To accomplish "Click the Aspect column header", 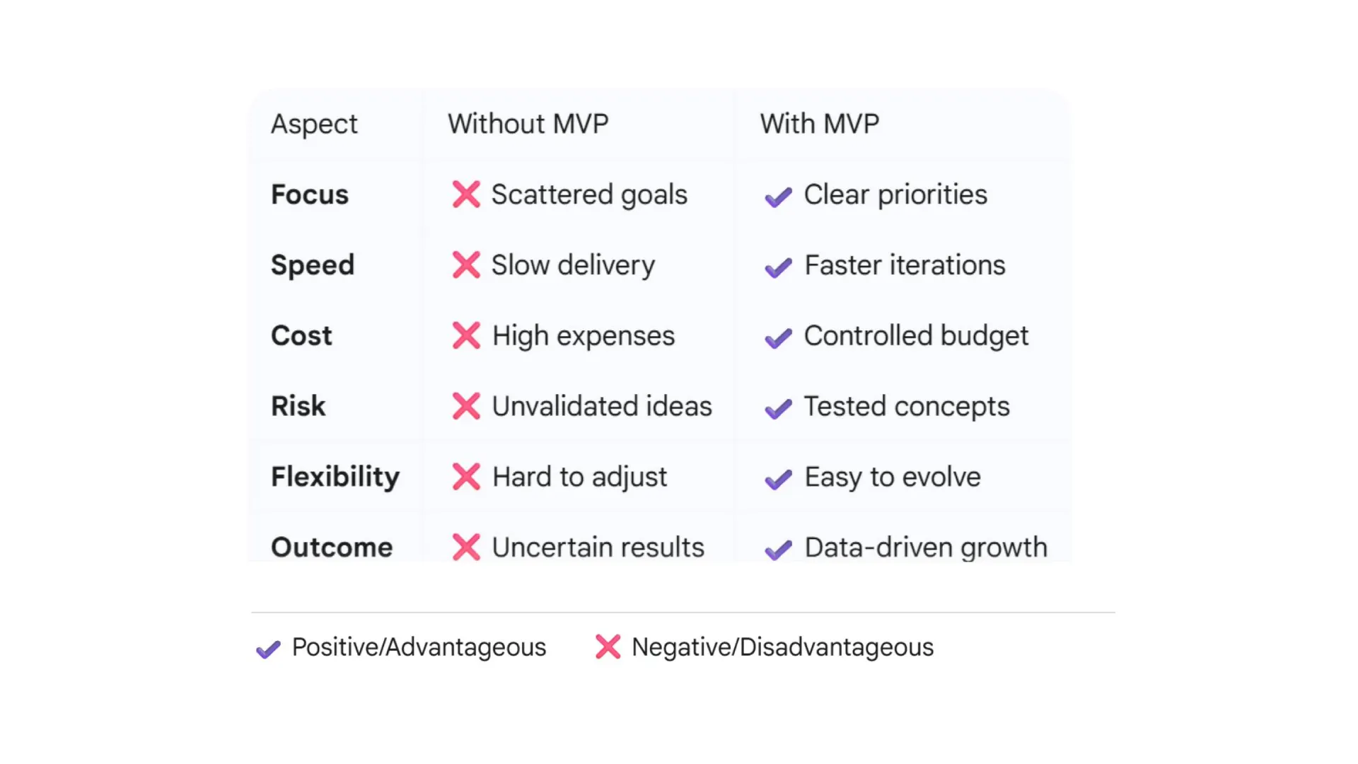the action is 314,125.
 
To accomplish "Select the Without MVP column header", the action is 528,124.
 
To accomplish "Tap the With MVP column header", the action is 819,124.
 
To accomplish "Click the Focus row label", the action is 310,195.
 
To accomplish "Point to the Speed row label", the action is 313,266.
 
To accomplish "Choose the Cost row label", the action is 301,336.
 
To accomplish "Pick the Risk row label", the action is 298,406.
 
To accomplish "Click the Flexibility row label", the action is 335,477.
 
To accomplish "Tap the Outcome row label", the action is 332,548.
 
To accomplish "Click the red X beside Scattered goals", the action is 466,195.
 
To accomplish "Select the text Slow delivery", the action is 573,266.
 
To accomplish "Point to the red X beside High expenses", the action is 466,335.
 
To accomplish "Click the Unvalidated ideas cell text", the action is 602,406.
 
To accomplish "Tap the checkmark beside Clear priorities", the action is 778,197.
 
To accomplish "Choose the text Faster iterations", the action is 905,265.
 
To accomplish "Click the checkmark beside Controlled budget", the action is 778,339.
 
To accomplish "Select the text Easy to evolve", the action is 893,477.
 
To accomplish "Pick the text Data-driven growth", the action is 926,548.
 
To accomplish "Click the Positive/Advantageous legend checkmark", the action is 268,649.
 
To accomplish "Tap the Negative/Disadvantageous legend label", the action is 782,647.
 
